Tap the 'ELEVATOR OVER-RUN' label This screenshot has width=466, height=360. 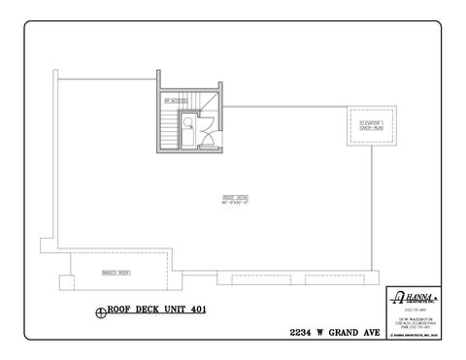tap(369, 125)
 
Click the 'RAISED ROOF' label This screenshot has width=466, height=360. tap(116, 273)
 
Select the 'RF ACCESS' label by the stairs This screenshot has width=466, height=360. tap(175, 100)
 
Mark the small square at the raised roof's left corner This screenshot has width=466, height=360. tap(65, 282)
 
